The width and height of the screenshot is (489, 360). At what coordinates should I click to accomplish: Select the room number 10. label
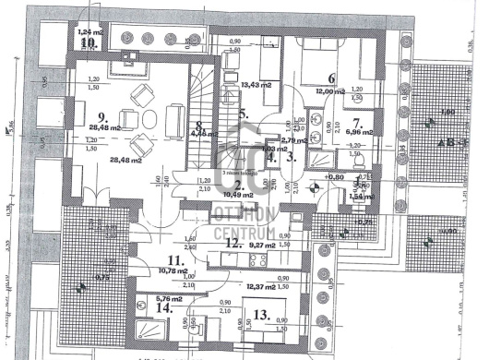click(x=88, y=42)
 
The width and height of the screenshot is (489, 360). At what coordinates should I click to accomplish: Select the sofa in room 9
click(x=174, y=117)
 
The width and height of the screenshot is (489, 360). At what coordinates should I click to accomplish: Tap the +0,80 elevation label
click(x=328, y=176)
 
